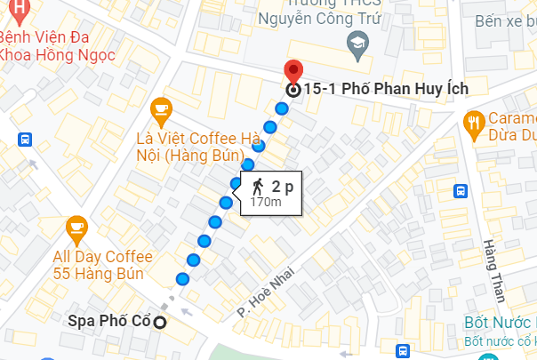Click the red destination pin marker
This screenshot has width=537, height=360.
click(x=293, y=72)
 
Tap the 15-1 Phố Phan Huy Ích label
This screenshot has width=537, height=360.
click(x=385, y=88)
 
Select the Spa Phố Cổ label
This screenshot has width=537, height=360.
click(x=109, y=321)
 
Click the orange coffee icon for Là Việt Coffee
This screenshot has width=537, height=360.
click(x=161, y=109)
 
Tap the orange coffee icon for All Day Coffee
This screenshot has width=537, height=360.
click(x=76, y=229)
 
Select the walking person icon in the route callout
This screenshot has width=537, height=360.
click(x=258, y=186)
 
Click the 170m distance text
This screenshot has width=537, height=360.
click(x=266, y=203)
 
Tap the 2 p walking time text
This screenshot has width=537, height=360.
click(x=282, y=186)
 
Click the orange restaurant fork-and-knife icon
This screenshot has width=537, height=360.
click(x=473, y=123)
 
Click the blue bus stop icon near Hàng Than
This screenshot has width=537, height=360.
click(x=461, y=190)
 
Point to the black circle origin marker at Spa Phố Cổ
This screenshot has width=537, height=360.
click(x=160, y=322)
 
